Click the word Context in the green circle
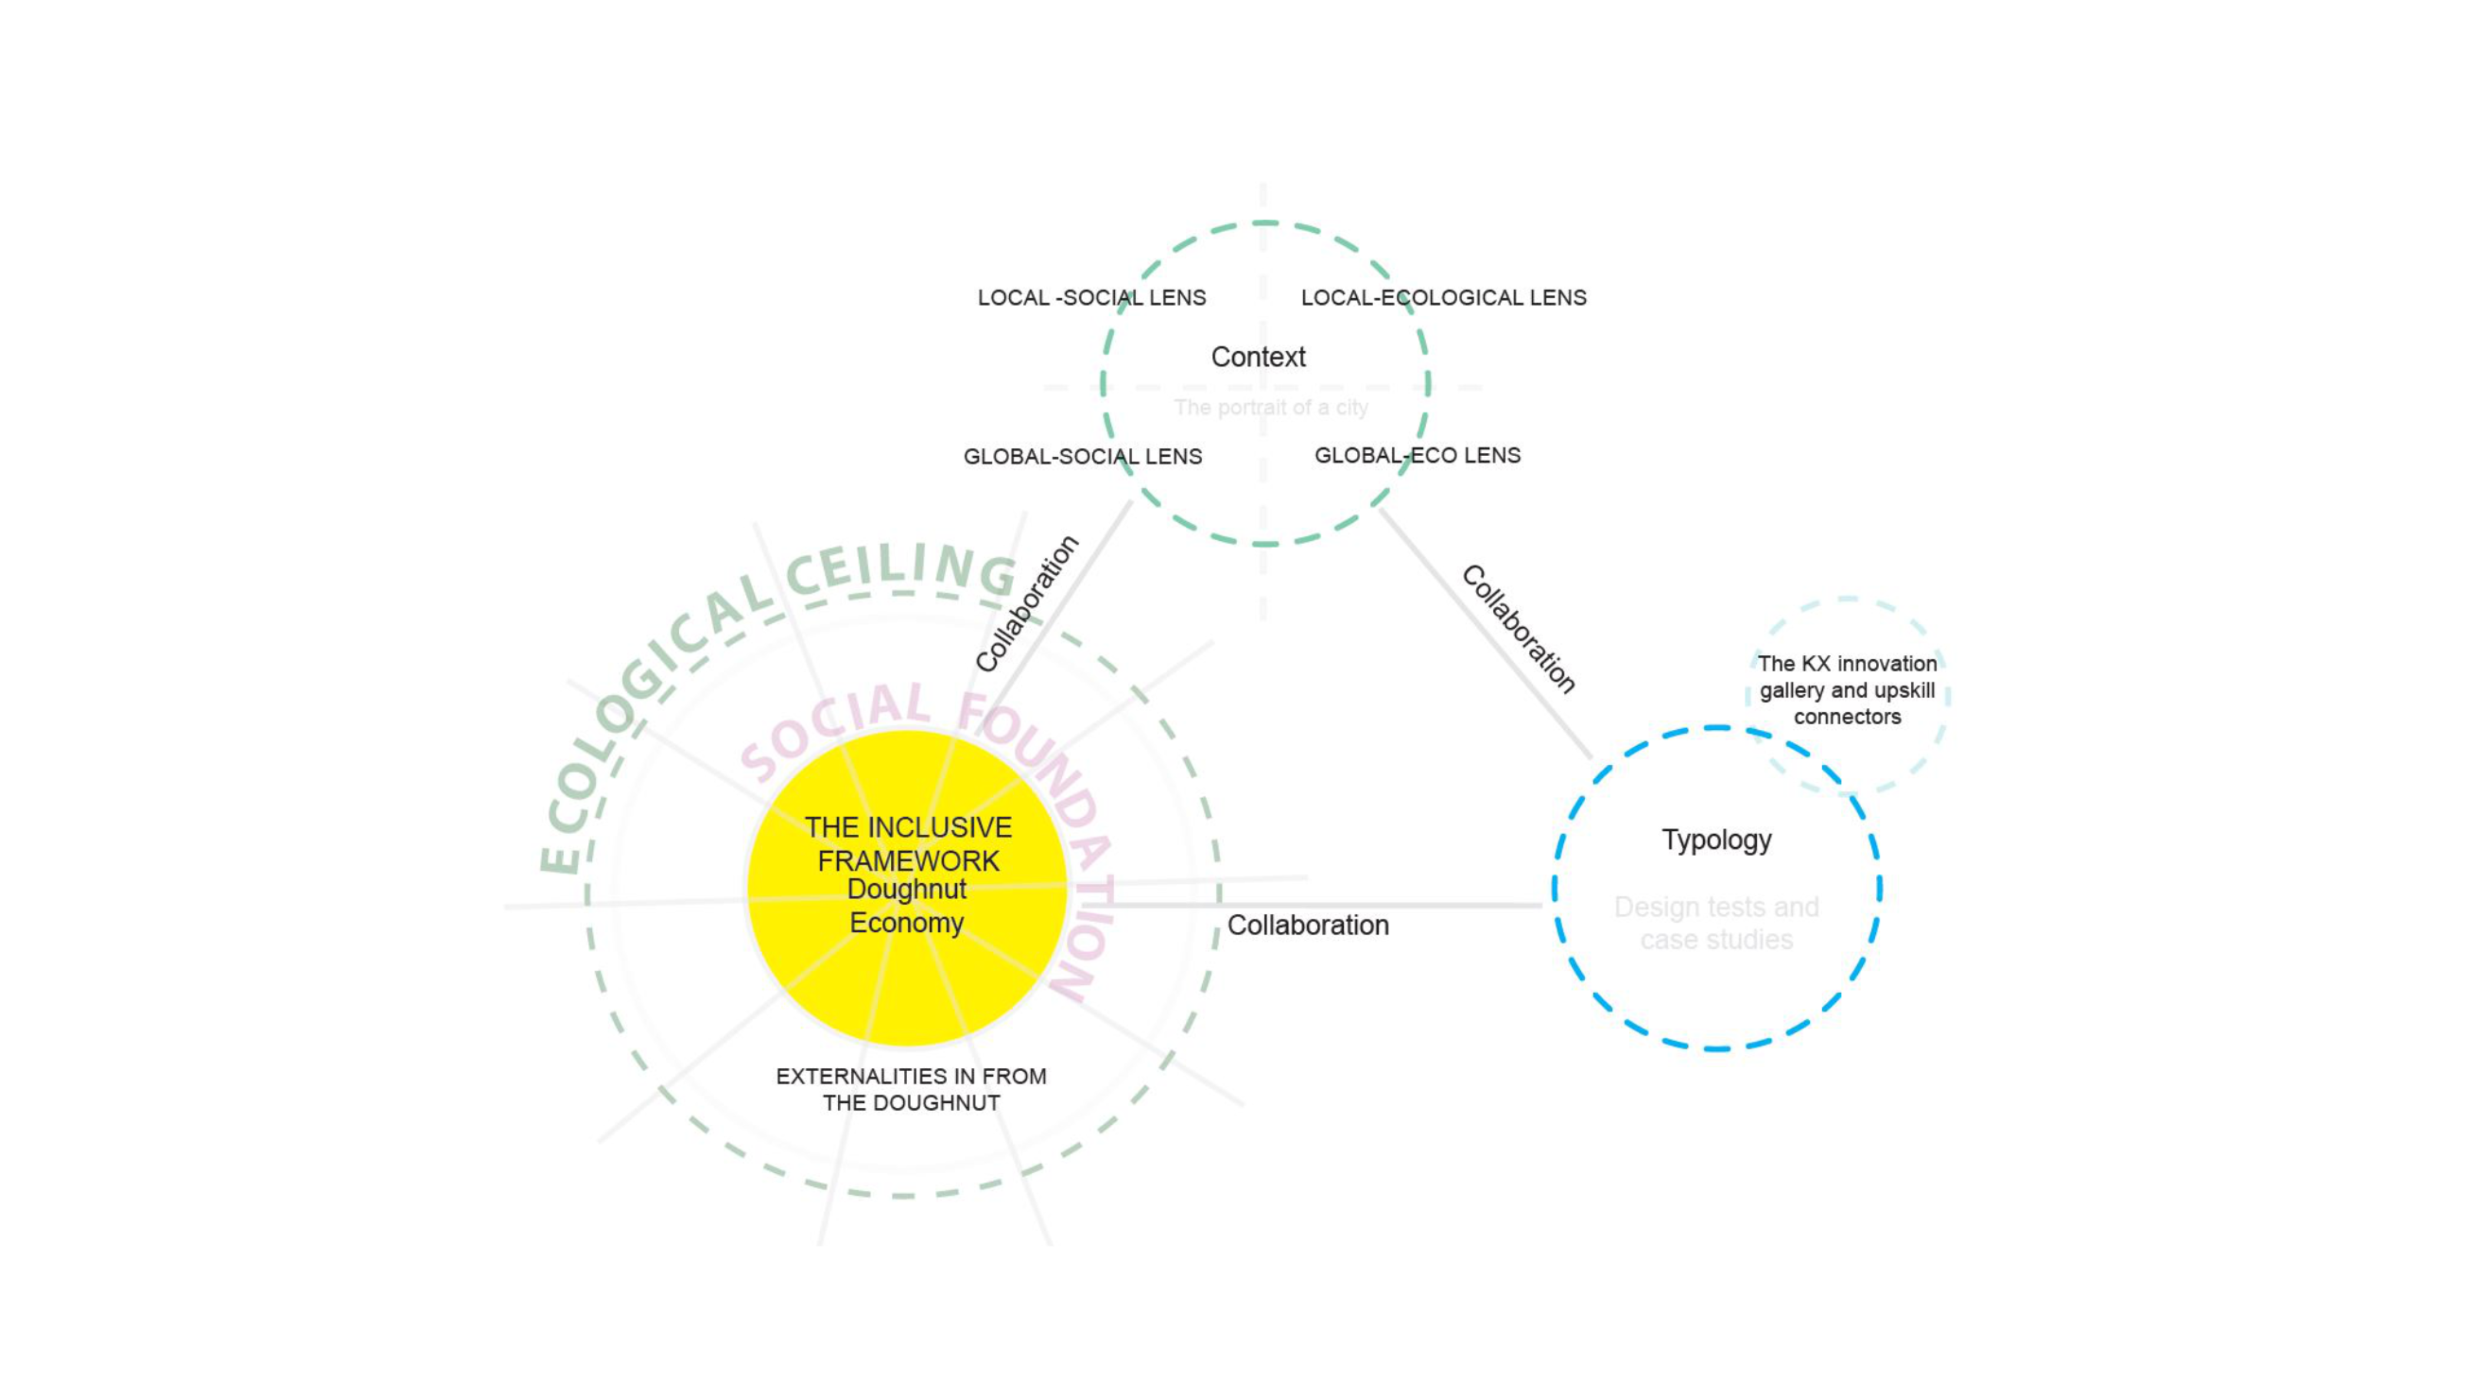[1258, 357]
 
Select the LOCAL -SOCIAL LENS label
[1091, 297]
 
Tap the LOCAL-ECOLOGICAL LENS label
[1443, 297]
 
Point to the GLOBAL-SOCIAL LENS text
[1082, 457]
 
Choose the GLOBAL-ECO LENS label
[1418, 456]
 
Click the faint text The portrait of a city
[1271, 408]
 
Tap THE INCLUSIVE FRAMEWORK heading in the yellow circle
[908, 844]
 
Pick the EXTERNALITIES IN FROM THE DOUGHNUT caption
[911, 1089]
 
